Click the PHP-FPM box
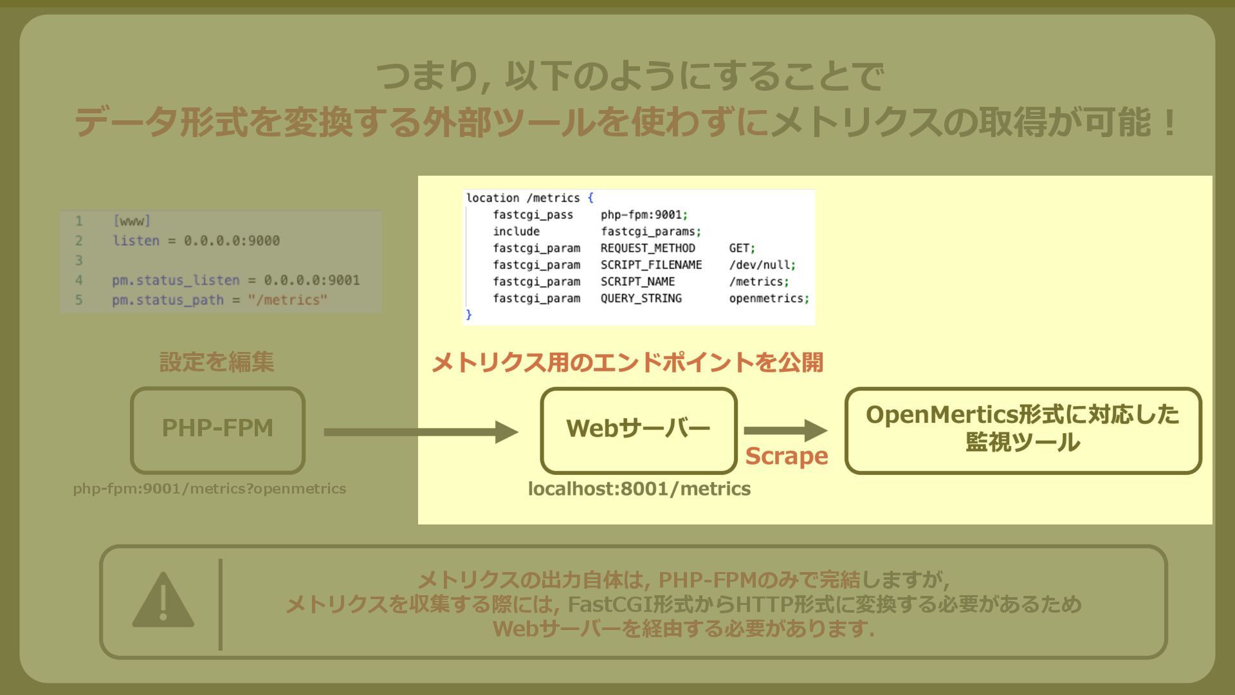(217, 429)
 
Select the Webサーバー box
(638, 429)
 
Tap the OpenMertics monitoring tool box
(1023, 429)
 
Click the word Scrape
(786, 456)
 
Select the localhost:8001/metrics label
(639, 489)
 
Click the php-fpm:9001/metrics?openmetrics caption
(209, 489)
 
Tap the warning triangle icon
(163, 601)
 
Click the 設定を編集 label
(217, 362)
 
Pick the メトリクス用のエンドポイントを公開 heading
(627, 363)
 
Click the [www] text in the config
(131, 221)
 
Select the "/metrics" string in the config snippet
(288, 300)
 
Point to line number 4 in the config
(78, 281)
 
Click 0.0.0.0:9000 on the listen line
(232, 241)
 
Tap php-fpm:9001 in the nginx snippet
(641, 215)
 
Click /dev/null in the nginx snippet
(759, 265)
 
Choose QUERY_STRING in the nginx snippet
(641, 299)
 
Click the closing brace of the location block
(469, 315)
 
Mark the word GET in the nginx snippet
(739, 248)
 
